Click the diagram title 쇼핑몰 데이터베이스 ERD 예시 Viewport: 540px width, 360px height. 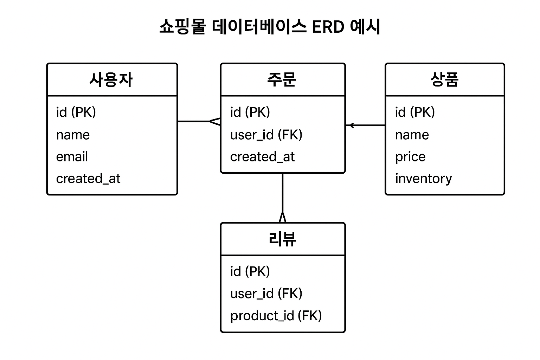tap(270, 27)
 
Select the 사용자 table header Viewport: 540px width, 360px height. tap(111, 80)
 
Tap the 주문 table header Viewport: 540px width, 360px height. tap(282, 80)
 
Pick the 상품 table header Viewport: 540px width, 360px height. tap(444, 80)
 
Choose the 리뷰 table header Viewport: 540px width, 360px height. tap(282, 239)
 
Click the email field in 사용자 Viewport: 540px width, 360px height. tap(72, 157)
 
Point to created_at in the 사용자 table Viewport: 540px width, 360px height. tap(88, 179)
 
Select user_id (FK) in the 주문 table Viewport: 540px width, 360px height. tap(266, 135)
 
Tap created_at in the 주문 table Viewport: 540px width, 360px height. tap(262, 157)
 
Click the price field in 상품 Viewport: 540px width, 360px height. tap(410, 157)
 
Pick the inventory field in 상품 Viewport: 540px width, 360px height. tap(423, 179)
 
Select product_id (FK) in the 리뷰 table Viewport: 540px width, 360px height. tap(276, 316)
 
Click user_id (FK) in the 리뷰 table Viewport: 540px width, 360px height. tap(266, 294)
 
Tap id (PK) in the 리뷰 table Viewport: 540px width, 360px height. tap(250, 271)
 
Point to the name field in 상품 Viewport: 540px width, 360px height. tap(412, 135)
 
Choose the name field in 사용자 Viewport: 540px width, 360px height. tap(73, 135)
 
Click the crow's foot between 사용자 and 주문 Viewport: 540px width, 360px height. tap(216, 122)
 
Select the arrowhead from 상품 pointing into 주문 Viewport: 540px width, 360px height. tap(351, 125)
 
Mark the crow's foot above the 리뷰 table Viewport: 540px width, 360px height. tap(282, 217)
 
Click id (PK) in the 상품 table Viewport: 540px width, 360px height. tap(415, 112)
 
